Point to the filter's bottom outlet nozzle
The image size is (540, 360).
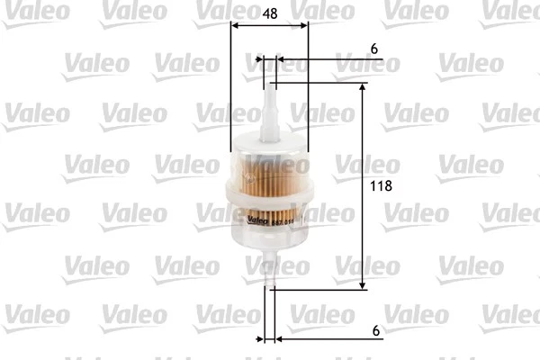click(x=269, y=270)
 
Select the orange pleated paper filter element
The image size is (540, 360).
click(x=269, y=175)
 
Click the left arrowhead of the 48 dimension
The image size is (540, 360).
click(x=236, y=26)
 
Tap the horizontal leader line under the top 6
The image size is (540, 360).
click(x=333, y=60)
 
